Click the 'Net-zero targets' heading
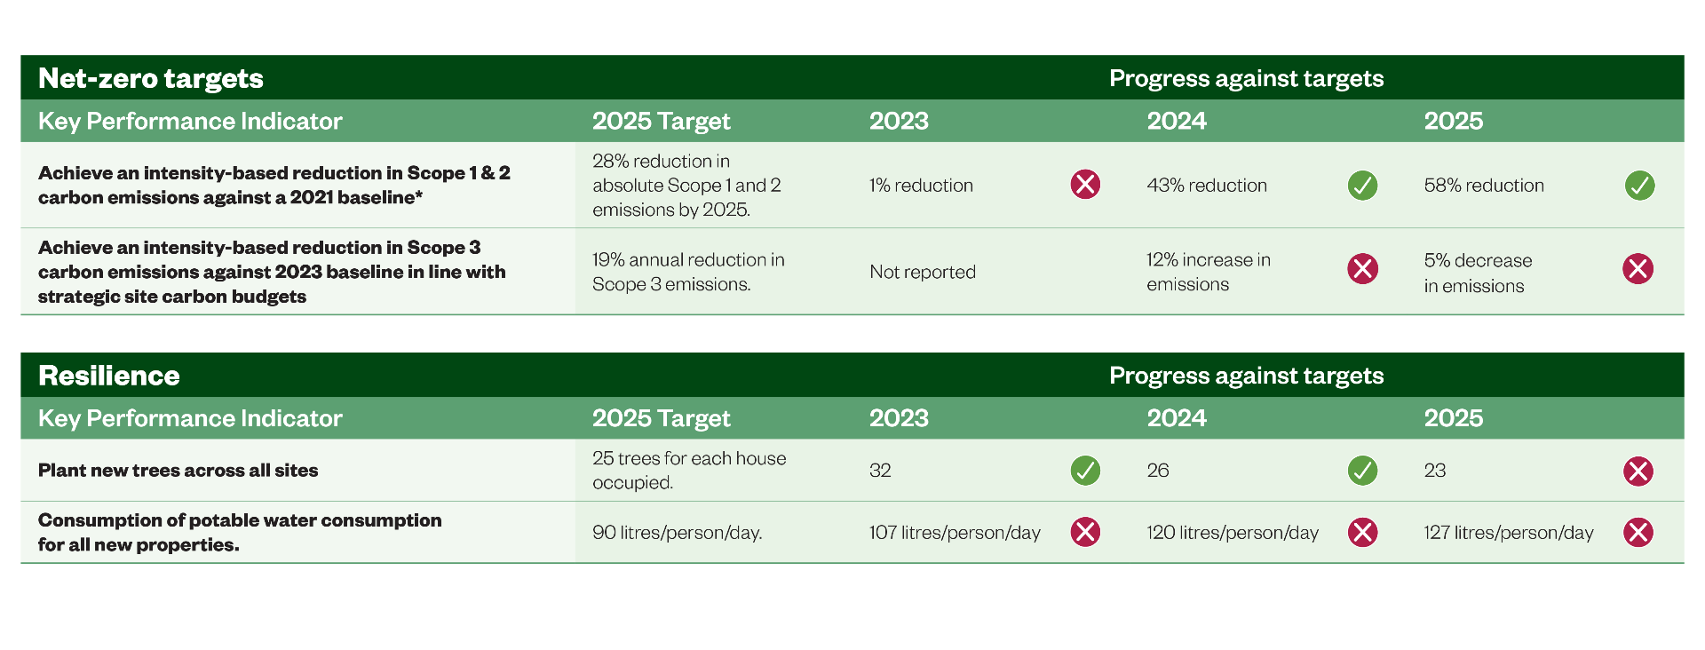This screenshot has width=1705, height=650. (x=151, y=78)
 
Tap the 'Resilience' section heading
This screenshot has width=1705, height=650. (x=109, y=376)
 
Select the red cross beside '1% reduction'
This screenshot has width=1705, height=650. (x=1085, y=185)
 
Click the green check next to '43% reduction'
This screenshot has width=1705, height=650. (x=1362, y=186)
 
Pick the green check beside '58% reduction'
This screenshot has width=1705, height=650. (x=1639, y=186)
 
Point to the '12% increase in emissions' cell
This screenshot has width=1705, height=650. (x=1209, y=272)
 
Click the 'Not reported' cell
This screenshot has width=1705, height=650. (x=923, y=272)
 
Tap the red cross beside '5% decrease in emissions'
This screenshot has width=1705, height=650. (x=1638, y=268)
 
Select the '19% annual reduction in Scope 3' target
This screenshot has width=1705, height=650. (x=688, y=272)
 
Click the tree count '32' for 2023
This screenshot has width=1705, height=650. (x=880, y=471)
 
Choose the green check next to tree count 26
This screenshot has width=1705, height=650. (x=1362, y=471)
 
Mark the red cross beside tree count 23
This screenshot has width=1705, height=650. (x=1638, y=472)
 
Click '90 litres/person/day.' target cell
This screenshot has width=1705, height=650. (x=678, y=533)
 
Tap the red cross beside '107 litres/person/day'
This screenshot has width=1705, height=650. (x=1085, y=532)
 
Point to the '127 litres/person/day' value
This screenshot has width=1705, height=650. (x=1509, y=533)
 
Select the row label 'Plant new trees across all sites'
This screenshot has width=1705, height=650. (x=178, y=471)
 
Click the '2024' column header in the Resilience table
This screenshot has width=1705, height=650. (x=1177, y=418)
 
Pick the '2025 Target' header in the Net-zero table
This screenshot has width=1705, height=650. (x=662, y=122)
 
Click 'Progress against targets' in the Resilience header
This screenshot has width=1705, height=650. (x=1247, y=376)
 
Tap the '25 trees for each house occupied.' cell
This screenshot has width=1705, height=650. (x=689, y=471)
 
